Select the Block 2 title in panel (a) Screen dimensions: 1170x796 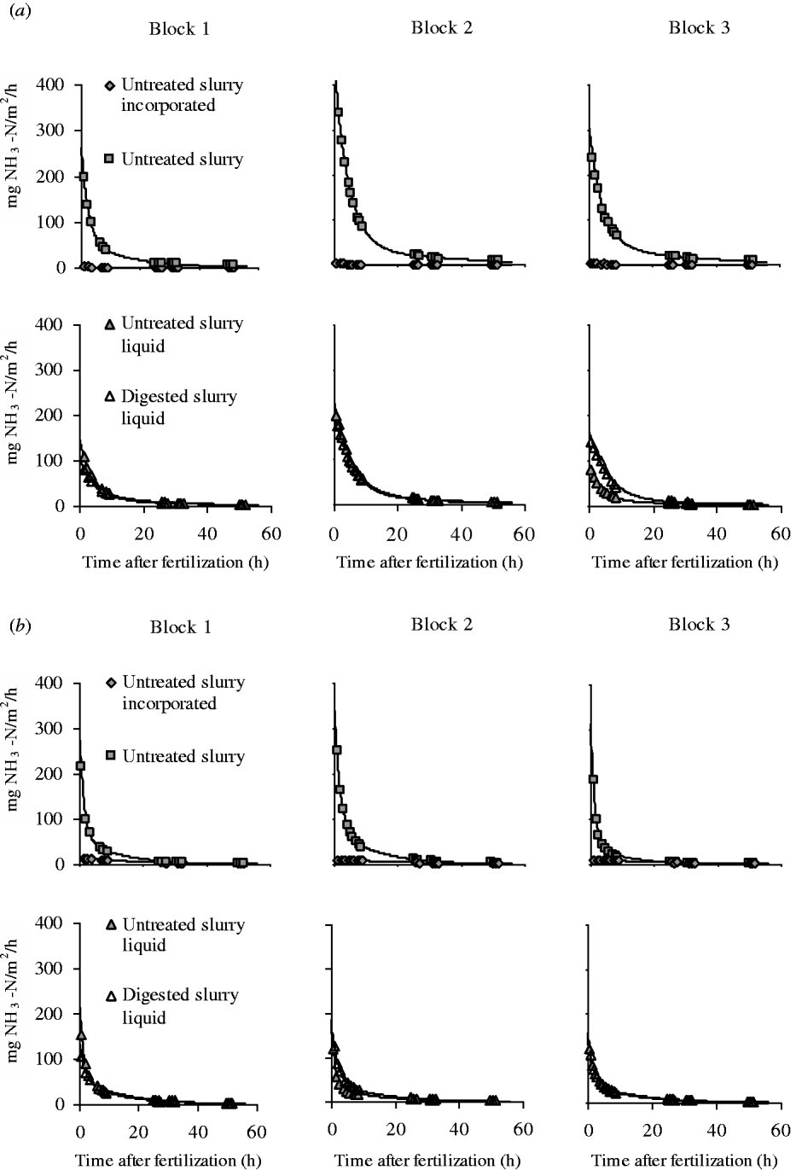(441, 27)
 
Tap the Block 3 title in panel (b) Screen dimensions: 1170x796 (698, 624)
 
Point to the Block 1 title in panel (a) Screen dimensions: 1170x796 (179, 28)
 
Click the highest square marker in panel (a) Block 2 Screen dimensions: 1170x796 (338, 112)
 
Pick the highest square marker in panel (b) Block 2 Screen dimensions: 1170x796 (336, 750)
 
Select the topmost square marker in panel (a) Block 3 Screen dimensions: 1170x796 (591, 157)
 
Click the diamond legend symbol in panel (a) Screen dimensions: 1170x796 (109, 86)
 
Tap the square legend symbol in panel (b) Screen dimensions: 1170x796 (109, 756)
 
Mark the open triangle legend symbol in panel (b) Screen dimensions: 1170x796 (109, 996)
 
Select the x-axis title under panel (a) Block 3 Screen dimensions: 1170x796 (684, 562)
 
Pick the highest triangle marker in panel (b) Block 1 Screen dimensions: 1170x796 (81, 1034)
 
